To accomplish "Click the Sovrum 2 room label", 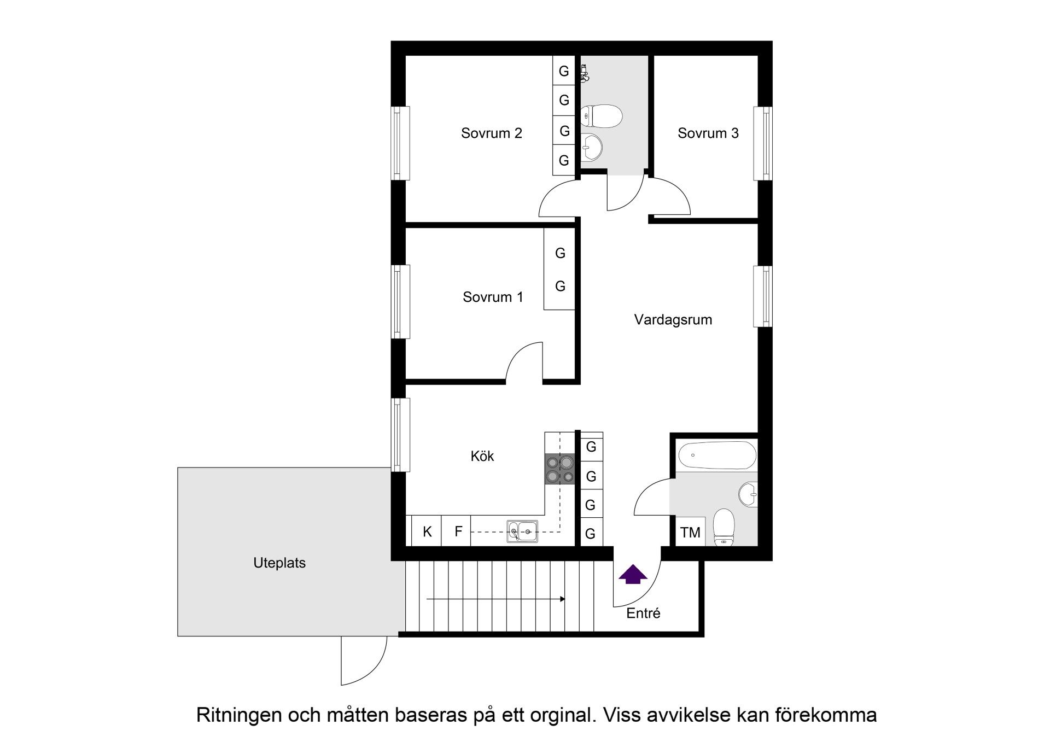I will tap(491, 133).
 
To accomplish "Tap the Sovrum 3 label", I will tap(708, 133).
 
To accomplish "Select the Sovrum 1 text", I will tap(492, 297).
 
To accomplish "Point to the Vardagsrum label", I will tap(673, 320).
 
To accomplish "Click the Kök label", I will tap(482, 456).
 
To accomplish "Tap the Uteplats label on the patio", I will tap(279, 563).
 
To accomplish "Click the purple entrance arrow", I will tap(633, 574).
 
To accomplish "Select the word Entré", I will tap(643, 614).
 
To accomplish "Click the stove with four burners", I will tap(560, 469).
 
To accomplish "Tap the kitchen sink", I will tap(522, 531).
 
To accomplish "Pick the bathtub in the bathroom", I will tap(717, 455).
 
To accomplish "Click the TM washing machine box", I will tap(690, 532).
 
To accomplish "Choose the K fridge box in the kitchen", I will tap(427, 531).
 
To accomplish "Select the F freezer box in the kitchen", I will tap(458, 531).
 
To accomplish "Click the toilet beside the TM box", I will tap(724, 527).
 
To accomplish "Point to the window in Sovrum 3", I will tap(763, 143).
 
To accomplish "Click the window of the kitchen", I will tap(401, 435).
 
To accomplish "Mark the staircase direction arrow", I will tap(495, 599).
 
